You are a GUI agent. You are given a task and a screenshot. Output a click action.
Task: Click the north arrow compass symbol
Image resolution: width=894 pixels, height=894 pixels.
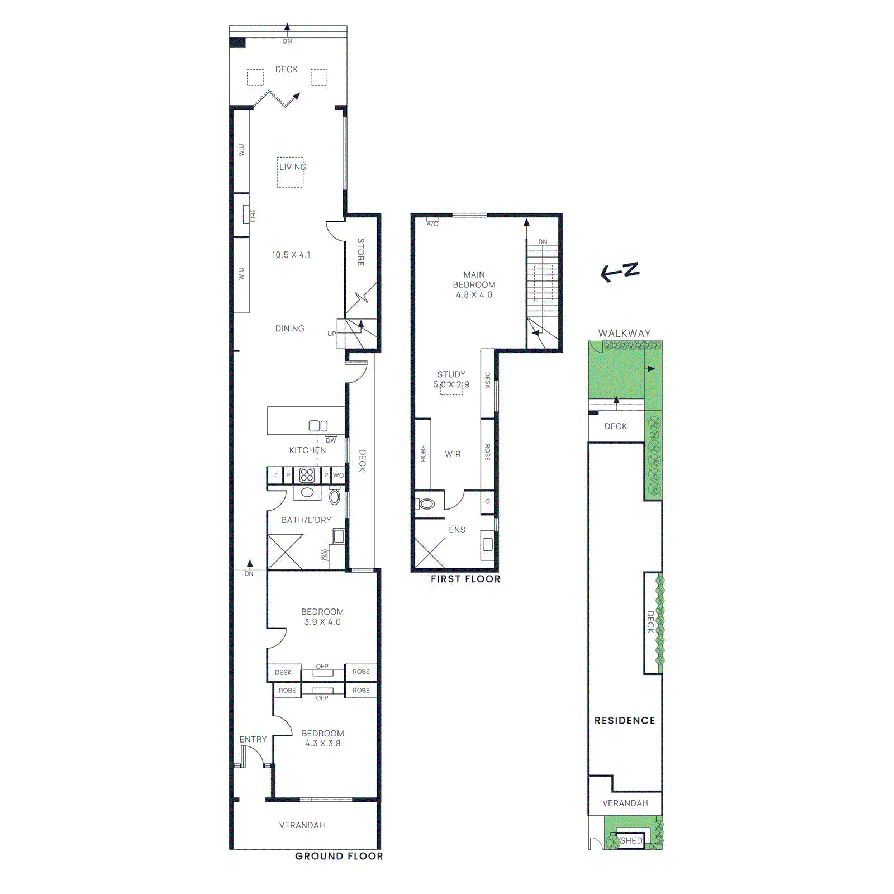pos(620,272)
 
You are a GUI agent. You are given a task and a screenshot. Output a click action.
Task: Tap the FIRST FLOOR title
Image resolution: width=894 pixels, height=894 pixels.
pos(465,579)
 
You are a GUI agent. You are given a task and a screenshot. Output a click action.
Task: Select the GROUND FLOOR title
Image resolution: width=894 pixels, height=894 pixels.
pos(339,856)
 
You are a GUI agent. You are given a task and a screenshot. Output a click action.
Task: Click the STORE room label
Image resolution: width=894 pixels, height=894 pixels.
pos(361,252)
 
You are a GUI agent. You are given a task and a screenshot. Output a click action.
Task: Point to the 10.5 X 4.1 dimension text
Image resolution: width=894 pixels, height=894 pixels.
pos(291,255)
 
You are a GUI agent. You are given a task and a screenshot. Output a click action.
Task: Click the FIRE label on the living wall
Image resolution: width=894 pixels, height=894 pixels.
pos(253,215)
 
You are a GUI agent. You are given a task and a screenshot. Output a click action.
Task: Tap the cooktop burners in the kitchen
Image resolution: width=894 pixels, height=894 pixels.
pos(307,475)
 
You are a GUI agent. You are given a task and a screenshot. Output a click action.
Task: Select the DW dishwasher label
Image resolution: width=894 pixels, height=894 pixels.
pos(331,440)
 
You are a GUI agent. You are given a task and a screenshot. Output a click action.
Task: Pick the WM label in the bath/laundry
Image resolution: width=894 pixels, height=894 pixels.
pos(324,555)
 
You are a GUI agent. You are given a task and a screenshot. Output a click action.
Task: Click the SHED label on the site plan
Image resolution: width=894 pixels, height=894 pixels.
pos(631,840)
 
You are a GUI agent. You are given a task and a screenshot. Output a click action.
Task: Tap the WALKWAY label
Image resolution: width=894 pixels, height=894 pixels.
pos(624,333)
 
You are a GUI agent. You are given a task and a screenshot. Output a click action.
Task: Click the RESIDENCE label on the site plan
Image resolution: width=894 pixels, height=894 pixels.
pos(625,721)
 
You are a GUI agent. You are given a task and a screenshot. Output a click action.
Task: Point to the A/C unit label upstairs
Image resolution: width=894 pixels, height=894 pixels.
pos(432,224)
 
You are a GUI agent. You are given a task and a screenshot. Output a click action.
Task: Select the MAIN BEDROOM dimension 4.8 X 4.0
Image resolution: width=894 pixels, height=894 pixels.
pos(474,295)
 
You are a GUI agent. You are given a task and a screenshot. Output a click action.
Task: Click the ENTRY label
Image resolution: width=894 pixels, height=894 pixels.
pos(253,739)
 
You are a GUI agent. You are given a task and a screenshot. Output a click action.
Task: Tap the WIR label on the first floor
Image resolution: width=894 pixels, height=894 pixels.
pos(453,454)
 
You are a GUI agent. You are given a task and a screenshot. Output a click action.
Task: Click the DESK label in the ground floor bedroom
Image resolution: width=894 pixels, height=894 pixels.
pos(283,673)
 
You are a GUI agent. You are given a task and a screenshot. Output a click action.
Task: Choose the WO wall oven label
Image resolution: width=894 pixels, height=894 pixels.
pos(338,475)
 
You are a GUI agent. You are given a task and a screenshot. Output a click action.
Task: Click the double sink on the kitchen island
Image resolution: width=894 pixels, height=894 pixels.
pos(318,426)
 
